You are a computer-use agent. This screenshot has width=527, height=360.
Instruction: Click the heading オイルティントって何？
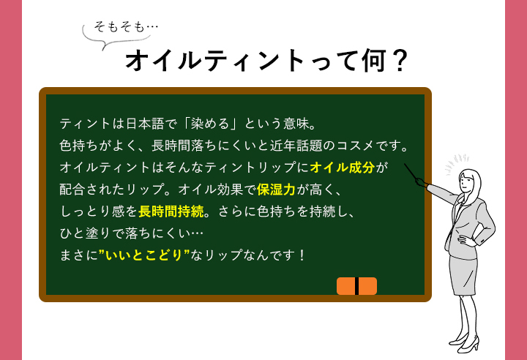[x=266, y=61]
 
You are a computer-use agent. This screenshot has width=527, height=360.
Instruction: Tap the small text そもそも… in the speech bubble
[x=126, y=26]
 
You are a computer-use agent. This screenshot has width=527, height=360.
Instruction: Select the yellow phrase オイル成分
[x=342, y=167]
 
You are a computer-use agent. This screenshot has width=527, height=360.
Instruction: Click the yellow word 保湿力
[x=276, y=190]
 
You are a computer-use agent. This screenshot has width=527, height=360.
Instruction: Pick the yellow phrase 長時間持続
[x=171, y=211]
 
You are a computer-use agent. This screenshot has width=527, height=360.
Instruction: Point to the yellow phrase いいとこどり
[x=144, y=255]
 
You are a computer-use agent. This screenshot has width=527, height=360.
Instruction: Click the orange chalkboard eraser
[x=356, y=286]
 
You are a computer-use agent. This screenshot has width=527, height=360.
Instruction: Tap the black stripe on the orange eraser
[x=356, y=286]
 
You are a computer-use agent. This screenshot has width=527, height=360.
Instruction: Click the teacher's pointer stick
[x=411, y=173]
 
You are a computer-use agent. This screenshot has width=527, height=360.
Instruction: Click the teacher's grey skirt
[x=463, y=274]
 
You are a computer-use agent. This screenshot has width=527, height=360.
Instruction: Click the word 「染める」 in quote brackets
[x=210, y=124]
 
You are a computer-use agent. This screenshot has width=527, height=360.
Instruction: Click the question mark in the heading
[x=400, y=61]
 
